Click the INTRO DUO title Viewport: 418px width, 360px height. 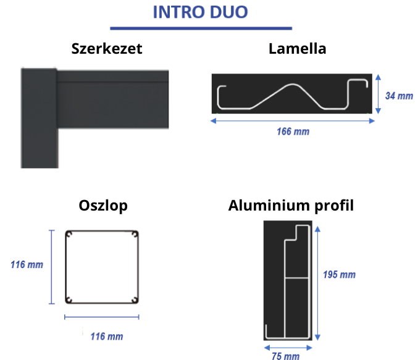(x=201, y=12)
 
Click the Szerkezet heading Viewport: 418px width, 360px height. (x=107, y=49)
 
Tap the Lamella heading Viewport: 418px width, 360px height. (x=297, y=49)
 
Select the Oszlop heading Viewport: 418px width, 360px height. (x=103, y=206)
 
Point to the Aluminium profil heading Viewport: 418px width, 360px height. (x=291, y=206)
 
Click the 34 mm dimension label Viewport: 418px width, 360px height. (x=399, y=96)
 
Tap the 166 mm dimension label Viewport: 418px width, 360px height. (x=293, y=132)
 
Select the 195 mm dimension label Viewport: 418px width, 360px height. (x=340, y=274)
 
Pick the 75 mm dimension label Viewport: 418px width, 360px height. (x=285, y=356)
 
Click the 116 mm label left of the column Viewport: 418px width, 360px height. (x=27, y=264)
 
